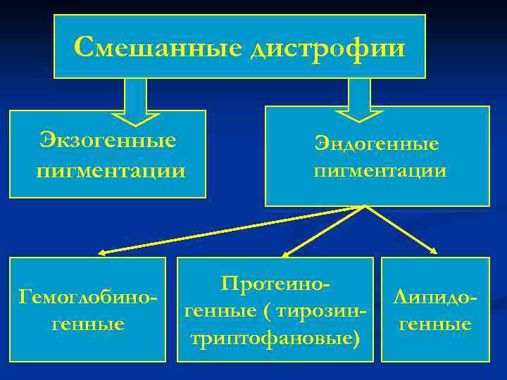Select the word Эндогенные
point(377,144)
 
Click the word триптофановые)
point(275,338)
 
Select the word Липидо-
point(435,296)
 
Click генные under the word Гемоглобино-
point(88,324)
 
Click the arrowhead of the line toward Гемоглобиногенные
point(101,251)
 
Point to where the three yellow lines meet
point(365,207)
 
